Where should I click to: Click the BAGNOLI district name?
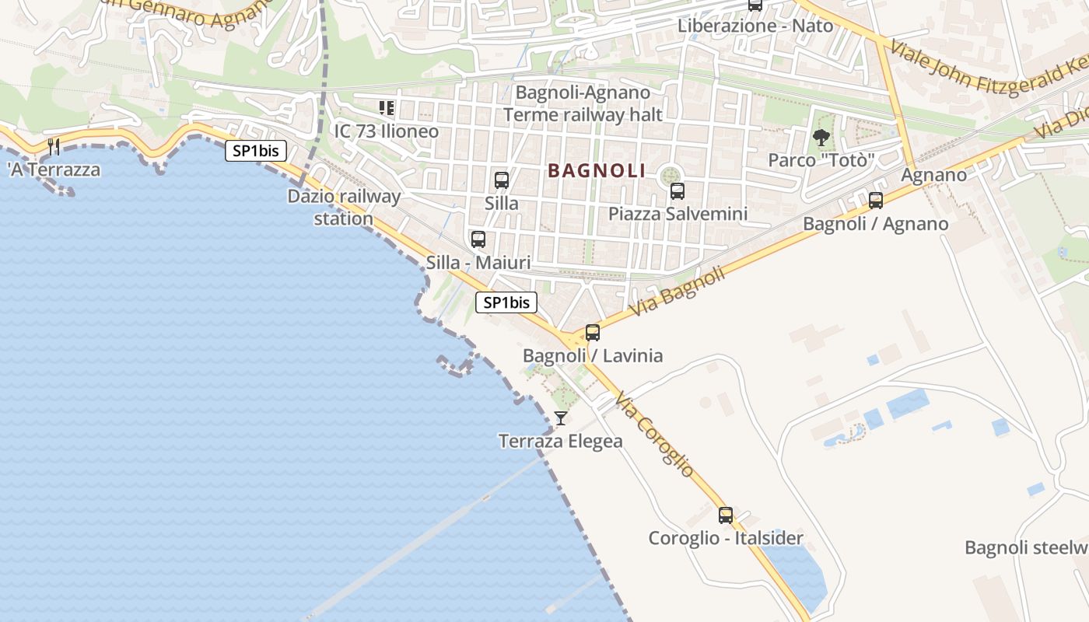click(597, 170)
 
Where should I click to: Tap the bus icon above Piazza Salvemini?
click(678, 190)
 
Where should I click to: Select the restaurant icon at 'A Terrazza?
click(54, 146)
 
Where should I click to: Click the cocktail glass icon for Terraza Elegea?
click(560, 418)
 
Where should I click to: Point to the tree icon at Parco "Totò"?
click(821, 138)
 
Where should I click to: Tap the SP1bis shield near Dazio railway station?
click(256, 151)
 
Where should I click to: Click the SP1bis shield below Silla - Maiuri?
click(506, 302)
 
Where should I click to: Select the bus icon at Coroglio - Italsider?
click(726, 515)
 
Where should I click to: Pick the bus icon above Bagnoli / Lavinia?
click(593, 333)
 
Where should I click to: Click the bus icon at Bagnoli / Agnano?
click(876, 201)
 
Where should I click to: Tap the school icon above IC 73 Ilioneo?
click(387, 108)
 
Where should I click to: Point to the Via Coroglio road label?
click(653, 435)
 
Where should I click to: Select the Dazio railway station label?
click(344, 207)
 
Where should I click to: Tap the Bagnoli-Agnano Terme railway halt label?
click(583, 104)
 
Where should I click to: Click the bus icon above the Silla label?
click(502, 180)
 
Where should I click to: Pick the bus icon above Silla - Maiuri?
click(478, 239)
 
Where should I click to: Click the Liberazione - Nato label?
click(755, 26)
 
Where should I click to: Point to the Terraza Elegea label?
click(560, 442)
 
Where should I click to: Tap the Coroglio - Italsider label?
click(726, 538)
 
